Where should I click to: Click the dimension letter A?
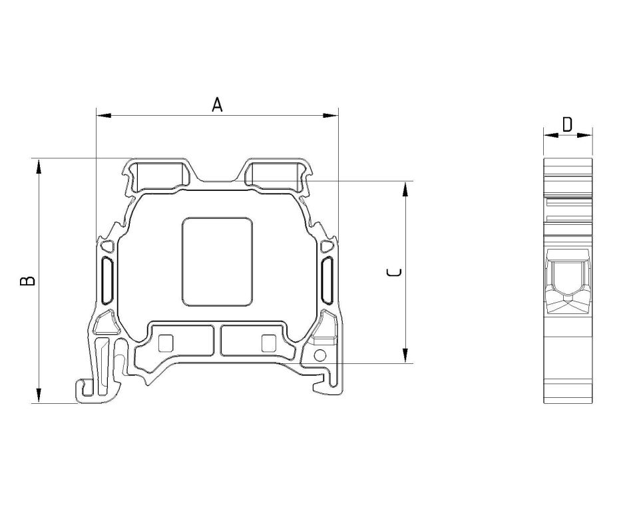217,104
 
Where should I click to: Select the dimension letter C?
394,272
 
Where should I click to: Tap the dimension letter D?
567,124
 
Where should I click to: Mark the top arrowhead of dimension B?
39,166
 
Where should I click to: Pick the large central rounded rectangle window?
217,261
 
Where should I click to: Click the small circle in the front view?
319,355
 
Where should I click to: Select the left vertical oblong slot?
106,280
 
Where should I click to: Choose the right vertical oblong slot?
327,280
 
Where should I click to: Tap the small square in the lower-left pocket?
166,343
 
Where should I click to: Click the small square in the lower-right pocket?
268,343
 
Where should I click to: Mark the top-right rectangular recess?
274,174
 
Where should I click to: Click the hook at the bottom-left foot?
85,390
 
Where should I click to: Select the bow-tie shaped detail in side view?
568,303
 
